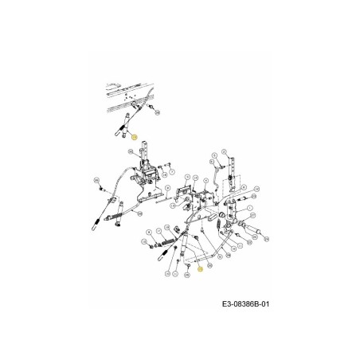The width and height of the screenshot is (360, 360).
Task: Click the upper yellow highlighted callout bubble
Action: [135, 137]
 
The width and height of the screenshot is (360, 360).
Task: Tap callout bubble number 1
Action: [250, 208]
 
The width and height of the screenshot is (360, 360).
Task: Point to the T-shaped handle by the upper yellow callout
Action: [123, 127]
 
